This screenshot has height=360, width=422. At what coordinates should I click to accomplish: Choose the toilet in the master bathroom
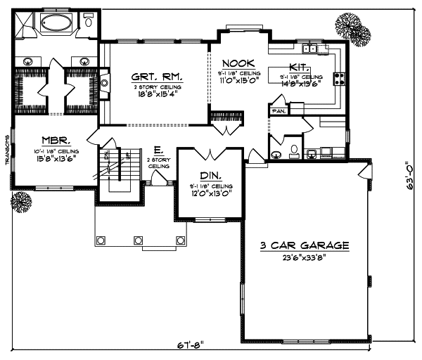click(89, 22)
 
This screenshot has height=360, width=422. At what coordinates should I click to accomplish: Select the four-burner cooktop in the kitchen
click(337, 77)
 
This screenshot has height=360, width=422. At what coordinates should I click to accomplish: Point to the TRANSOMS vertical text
click(6, 148)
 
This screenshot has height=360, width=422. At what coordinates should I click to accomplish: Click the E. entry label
click(156, 149)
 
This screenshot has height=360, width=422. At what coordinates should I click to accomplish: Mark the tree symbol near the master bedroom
click(21, 202)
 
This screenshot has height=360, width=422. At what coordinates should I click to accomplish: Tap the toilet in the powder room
click(293, 152)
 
